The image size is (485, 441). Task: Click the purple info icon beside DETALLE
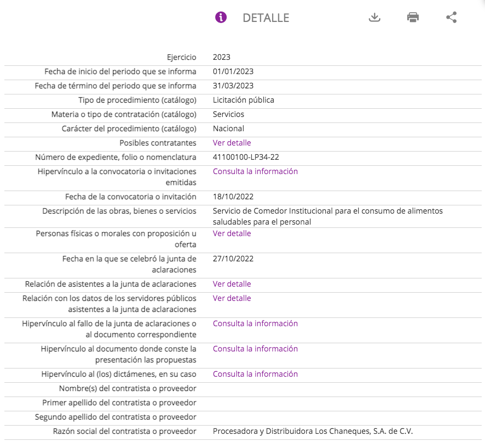(221, 17)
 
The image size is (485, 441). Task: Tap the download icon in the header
(374, 17)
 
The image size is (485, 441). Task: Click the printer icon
(413, 17)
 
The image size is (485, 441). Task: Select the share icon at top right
(451, 17)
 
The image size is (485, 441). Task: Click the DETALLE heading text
(266, 18)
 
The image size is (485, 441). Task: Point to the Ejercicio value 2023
(222, 57)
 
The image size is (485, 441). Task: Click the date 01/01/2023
(233, 71)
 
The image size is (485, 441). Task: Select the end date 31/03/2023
(233, 86)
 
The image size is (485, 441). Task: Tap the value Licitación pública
(244, 100)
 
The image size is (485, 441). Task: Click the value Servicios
(229, 114)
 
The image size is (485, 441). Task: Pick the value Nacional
(229, 129)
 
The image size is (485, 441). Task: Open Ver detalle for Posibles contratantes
(232, 143)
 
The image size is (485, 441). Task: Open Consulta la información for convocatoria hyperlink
(255, 171)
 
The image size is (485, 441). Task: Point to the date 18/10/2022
(233, 197)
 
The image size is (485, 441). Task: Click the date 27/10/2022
(233, 259)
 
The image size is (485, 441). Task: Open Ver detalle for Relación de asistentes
(232, 284)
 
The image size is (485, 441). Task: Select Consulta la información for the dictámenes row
(255, 374)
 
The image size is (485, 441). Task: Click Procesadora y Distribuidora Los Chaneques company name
(313, 431)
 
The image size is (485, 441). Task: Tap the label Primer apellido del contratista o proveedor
(119, 403)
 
